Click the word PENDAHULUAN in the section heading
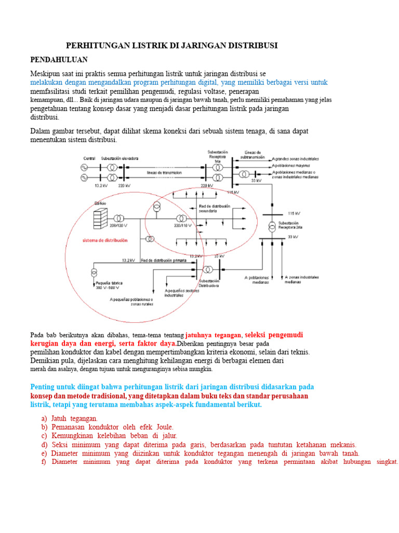tap(59, 59)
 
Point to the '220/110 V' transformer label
tap(182, 226)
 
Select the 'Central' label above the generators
tap(89, 158)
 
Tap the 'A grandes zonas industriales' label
tap(295, 158)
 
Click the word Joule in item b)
tap(164, 427)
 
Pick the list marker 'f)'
tap(44, 462)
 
